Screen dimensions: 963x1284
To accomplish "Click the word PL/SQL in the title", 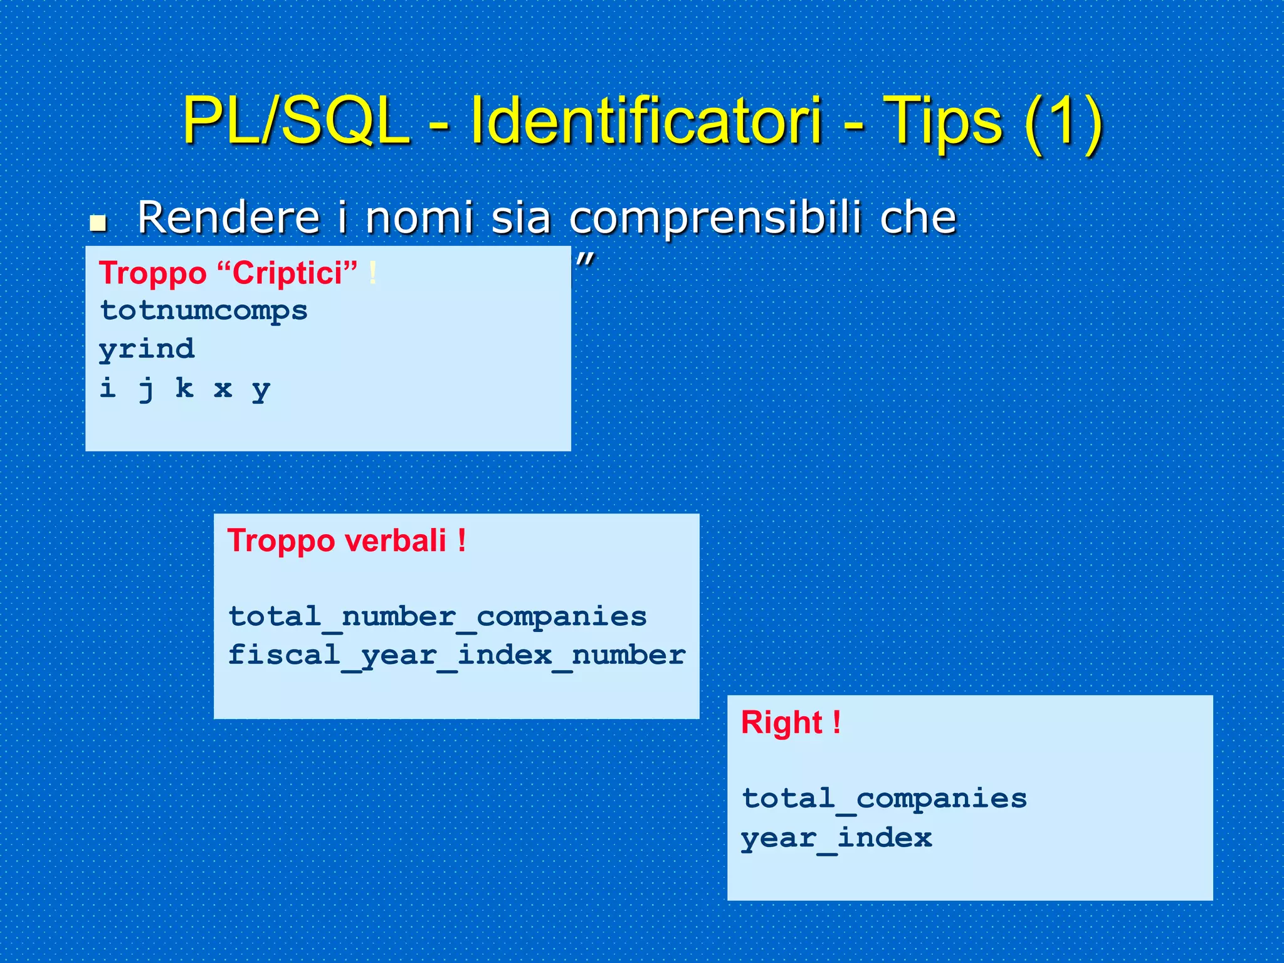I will tap(295, 120).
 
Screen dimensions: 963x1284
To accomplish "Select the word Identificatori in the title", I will tap(646, 120).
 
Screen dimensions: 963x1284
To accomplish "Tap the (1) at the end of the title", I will tap(1064, 120).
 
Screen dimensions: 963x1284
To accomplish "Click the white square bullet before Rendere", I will tap(98, 223).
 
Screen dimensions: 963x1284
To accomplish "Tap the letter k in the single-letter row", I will tap(184, 388).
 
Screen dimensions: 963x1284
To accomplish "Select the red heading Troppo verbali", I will tap(347, 540).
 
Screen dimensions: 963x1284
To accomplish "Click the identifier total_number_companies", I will tap(437, 617).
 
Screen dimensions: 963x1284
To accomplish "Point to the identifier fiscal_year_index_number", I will tap(456, 656).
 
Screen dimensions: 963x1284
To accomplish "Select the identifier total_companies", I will tap(884, 799).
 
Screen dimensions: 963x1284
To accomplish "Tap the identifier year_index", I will tap(836, 838).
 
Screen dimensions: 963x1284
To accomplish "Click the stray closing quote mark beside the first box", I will tap(585, 259).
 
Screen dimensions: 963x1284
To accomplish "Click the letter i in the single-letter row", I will tap(108, 388).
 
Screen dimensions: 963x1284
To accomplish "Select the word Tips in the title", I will tap(942, 120).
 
